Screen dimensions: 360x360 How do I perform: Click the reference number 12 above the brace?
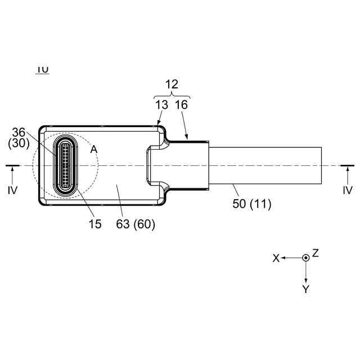tap(172, 84)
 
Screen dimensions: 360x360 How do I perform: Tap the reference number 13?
tap(161, 104)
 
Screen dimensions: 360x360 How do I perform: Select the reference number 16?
tap(181, 104)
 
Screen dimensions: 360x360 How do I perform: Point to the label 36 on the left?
tap(19, 132)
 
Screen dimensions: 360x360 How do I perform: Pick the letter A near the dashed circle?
tap(93, 149)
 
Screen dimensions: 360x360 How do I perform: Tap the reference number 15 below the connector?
tap(95, 224)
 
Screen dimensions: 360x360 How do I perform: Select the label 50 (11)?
tap(252, 204)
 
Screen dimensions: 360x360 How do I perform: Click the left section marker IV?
tap(13, 190)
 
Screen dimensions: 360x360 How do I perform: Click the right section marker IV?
tap(348, 190)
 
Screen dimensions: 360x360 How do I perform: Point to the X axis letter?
tap(276, 258)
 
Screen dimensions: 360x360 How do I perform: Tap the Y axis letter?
tap(305, 289)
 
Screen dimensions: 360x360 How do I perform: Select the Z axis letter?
tap(316, 253)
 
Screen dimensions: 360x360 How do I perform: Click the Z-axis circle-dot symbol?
tap(305, 257)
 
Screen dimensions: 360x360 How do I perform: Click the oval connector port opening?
tap(65, 165)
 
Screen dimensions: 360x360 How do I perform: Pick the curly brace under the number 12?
tap(172, 94)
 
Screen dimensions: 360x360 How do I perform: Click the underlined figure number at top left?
tap(42, 69)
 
